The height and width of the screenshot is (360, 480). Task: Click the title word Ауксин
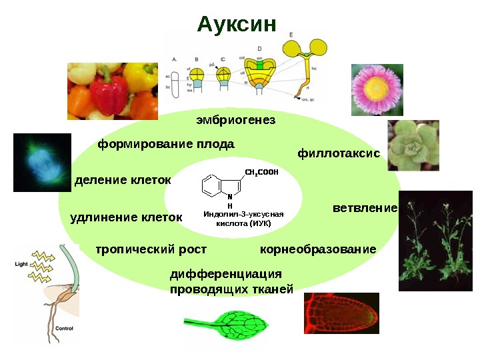point(237,25)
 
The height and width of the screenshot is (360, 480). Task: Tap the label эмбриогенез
point(235,121)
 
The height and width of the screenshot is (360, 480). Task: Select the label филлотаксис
point(338,153)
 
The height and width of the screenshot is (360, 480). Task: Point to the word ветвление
point(365,208)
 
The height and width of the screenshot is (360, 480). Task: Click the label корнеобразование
point(317,249)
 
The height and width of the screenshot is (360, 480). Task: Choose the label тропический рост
point(151,249)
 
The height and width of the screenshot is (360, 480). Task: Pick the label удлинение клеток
point(126,217)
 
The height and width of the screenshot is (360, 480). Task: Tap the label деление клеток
point(123,181)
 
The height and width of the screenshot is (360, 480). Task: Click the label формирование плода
point(166,143)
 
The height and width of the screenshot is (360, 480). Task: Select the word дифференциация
point(226,274)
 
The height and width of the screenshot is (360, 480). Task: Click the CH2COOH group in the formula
point(261,173)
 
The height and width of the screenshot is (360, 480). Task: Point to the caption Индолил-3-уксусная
point(243,214)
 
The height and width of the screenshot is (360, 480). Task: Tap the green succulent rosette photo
point(413,145)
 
